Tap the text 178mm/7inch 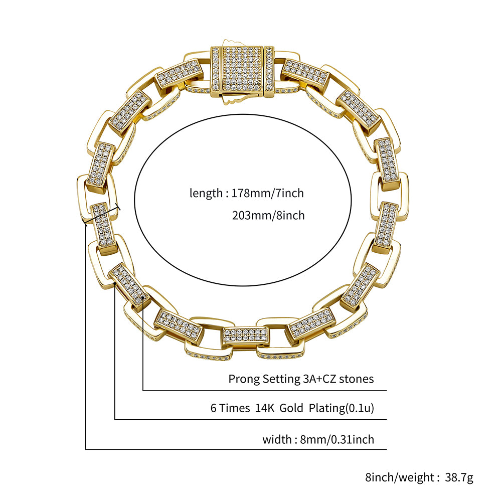267,194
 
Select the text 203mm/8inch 268,216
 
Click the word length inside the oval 206,194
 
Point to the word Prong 244,379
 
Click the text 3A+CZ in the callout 319,379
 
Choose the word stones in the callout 357,379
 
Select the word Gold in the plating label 291,408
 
